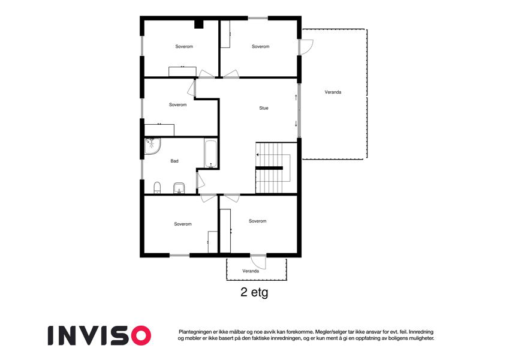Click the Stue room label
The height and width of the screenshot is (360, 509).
click(264, 108)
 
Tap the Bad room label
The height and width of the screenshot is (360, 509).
click(174, 161)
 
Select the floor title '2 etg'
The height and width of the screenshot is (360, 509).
click(254, 292)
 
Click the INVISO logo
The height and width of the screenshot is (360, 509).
click(100, 335)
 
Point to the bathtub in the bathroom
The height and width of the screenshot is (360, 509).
click(211, 154)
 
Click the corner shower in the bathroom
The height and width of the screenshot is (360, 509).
click(152, 146)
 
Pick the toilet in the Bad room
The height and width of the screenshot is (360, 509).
click(157, 187)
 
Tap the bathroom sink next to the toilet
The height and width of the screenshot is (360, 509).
click(179, 188)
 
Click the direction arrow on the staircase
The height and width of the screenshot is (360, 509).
click(258, 155)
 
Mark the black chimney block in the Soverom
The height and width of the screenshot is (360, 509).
click(198, 25)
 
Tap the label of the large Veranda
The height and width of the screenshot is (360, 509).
click(333, 92)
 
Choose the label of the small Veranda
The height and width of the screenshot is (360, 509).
click(251, 271)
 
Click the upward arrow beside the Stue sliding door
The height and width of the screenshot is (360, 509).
click(296, 97)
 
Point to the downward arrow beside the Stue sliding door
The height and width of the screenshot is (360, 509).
click(296, 124)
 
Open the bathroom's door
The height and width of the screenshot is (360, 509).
click(200, 181)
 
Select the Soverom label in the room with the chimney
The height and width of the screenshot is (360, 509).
click(184, 46)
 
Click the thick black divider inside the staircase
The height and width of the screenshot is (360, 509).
click(269, 168)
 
